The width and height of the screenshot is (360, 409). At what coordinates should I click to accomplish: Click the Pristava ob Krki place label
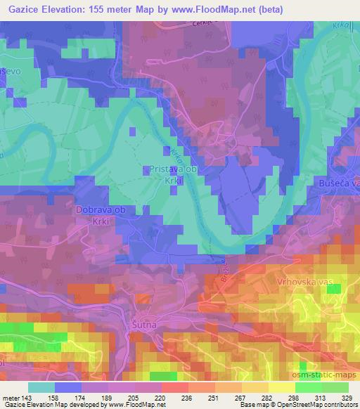[175, 174]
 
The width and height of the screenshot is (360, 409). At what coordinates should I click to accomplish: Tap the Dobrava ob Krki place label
[100, 214]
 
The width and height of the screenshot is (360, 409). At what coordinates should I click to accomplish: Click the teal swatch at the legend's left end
[41, 387]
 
